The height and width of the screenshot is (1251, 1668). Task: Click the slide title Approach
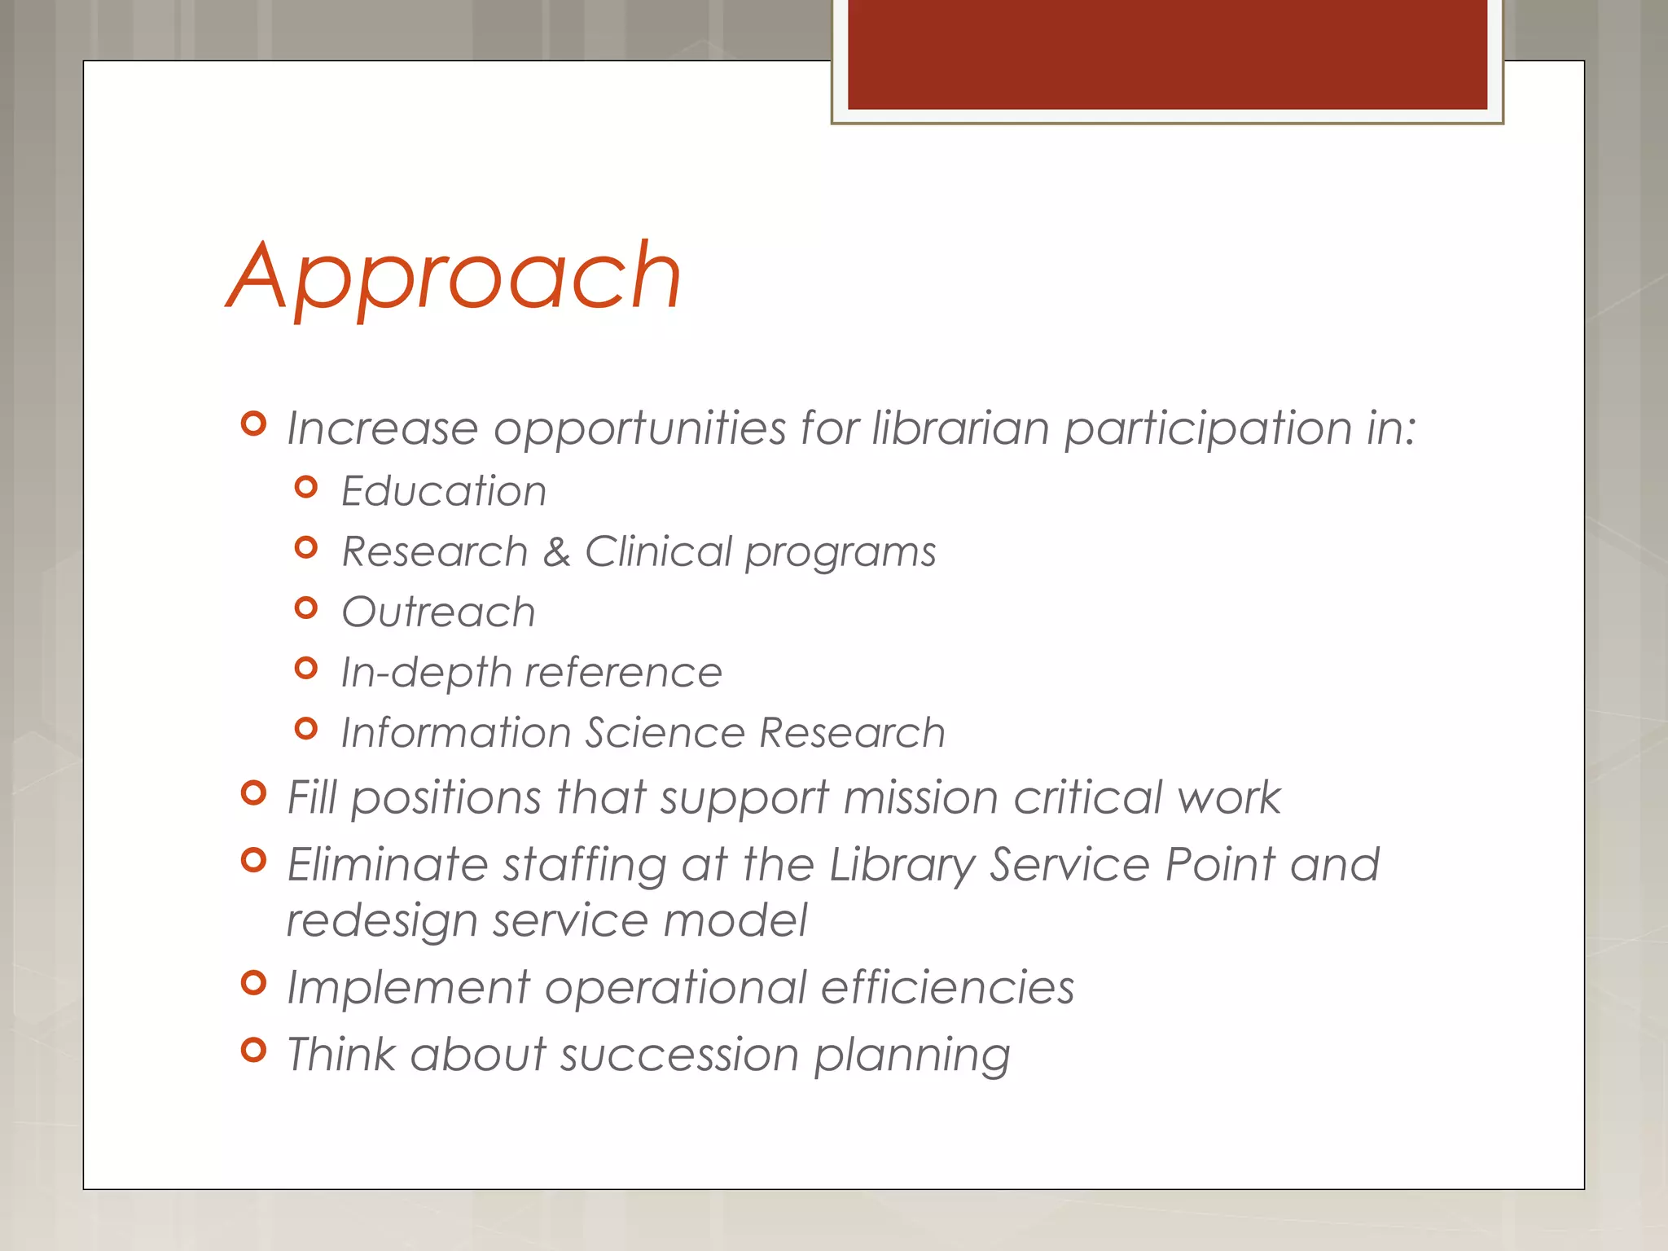tap(454, 277)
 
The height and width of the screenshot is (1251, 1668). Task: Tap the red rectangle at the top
tap(1167, 54)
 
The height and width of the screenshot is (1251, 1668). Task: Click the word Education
tap(444, 491)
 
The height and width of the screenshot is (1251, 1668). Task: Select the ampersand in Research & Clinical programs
tap(556, 552)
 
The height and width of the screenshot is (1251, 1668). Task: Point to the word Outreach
tap(438, 612)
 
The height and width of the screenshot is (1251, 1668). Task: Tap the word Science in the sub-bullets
tap(665, 732)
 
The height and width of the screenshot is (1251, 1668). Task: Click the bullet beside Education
tap(306, 487)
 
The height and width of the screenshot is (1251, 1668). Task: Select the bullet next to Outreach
tap(306, 608)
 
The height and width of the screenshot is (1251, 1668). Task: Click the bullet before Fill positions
tap(254, 792)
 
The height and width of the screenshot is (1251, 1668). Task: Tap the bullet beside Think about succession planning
tap(254, 1050)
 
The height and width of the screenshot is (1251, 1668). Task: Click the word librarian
tap(960, 428)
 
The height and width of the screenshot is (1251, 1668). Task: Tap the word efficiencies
tap(947, 988)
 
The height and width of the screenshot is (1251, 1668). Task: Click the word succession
tap(679, 1055)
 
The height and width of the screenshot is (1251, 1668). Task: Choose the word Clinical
tap(658, 552)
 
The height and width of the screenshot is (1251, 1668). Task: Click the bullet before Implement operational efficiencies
tap(254, 983)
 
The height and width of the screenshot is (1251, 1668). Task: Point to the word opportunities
tap(639, 430)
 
